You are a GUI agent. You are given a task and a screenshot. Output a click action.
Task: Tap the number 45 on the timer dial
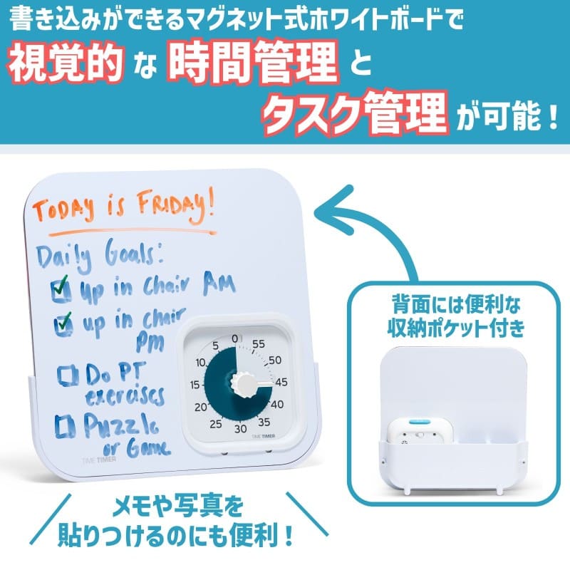[281, 382]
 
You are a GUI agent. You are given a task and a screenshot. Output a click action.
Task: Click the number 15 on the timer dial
[195, 385]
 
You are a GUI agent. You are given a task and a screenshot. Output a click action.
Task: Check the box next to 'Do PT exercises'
[68, 373]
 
